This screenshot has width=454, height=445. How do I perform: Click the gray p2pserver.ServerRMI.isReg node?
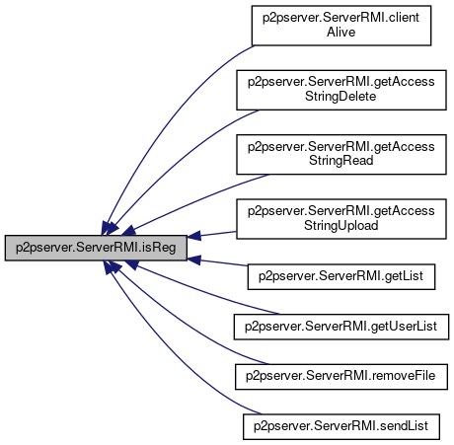96,248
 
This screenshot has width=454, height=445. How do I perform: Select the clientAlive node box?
341,26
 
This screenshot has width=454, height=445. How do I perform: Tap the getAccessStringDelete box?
341,90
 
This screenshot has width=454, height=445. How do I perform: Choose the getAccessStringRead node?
341,154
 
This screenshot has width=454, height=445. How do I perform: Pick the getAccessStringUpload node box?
341,219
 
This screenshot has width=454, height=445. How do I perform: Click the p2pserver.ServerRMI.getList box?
341,276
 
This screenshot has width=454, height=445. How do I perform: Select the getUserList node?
341,327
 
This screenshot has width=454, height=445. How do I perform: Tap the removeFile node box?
341,377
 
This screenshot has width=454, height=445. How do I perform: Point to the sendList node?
341,426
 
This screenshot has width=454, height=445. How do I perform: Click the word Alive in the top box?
341,33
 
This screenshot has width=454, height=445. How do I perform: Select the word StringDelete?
340,97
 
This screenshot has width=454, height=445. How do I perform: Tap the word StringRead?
341,161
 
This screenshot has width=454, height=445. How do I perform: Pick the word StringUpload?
341,226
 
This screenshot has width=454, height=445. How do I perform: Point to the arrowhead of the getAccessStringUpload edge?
193,236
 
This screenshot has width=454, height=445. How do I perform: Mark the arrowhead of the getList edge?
193,260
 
